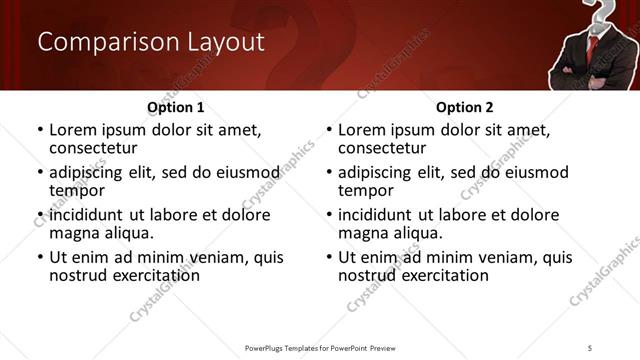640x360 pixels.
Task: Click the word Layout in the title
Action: coord(224,43)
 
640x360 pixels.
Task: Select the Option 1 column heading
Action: coord(176,107)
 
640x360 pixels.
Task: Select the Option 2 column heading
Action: coord(464,107)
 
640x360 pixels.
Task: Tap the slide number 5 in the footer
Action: coord(590,348)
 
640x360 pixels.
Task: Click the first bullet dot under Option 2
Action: coord(329,131)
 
